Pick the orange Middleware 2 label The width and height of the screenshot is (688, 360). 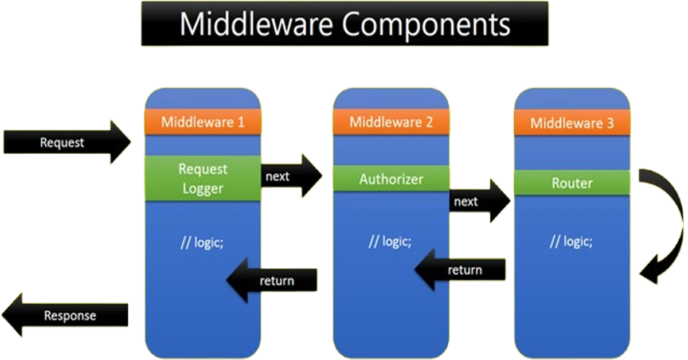[391, 122]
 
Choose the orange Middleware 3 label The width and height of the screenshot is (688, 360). [572, 123]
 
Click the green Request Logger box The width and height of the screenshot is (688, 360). [202, 178]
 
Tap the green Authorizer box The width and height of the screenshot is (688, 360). [391, 179]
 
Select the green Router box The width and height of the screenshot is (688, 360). [572, 183]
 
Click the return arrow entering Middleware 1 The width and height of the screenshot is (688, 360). [272, 280]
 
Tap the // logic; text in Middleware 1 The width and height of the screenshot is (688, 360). [202, 242]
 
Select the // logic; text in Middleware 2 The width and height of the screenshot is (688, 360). [390, 241]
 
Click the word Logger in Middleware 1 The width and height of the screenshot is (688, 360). [202, 188]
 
